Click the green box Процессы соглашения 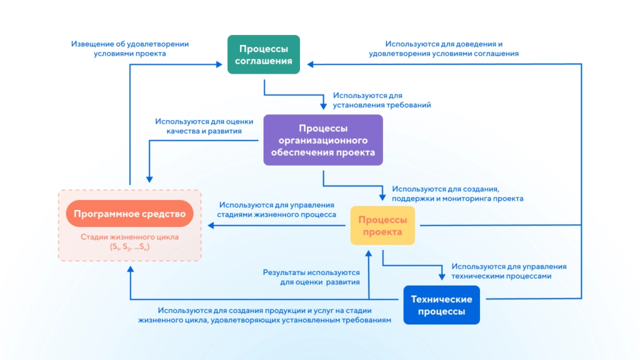[263, 54]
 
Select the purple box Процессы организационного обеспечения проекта [322, 140]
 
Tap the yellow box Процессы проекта [382, 226]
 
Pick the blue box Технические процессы [441, 305]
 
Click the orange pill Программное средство [129, 214]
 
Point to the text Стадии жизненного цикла [129, 237]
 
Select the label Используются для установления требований [381, 100]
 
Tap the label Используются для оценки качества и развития [198, 126]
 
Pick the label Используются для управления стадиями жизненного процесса [276, 209]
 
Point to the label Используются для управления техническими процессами [509, 271]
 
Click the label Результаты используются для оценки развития [311, 277]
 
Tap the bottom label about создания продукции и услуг [265, 315]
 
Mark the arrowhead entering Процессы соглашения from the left [222, 64]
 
